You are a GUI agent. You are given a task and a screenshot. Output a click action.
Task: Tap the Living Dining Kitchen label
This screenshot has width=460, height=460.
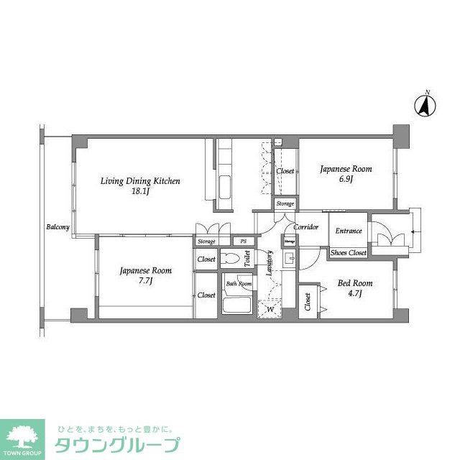pyautogui.click(x=139, y=181)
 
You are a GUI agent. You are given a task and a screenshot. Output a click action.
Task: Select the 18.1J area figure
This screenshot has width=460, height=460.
pyautogui.click(x=139, y=192)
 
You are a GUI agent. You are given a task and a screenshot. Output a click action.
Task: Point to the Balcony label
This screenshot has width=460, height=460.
pyautogui.click(x=57, y=228)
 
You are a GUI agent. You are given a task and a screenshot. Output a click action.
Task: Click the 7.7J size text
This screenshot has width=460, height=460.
pyautogui.click(x=145, y=281)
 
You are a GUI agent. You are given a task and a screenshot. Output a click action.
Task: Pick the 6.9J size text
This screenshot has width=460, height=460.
pyautogui.click(x=346, y=180)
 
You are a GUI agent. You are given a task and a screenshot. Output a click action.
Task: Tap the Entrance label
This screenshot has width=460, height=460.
pyautogui.click(x=349, y=231)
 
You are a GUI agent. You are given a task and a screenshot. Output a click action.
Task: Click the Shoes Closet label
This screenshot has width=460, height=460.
pyautogui.click(x=349, y=253)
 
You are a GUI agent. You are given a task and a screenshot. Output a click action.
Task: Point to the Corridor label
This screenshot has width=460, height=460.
pyautogui.click(x=306, y=227)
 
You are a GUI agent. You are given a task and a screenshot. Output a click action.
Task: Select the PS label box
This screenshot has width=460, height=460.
pyautogui.click(x=243, y=241)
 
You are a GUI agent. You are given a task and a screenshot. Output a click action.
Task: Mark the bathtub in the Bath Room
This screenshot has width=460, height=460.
pyautogui.click(x=236, y=304)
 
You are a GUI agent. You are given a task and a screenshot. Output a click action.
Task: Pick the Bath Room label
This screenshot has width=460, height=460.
pyautogui.click(x=239, y=284)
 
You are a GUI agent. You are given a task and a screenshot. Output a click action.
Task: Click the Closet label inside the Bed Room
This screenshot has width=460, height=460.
pyautogui.click(x=308, y=303)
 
